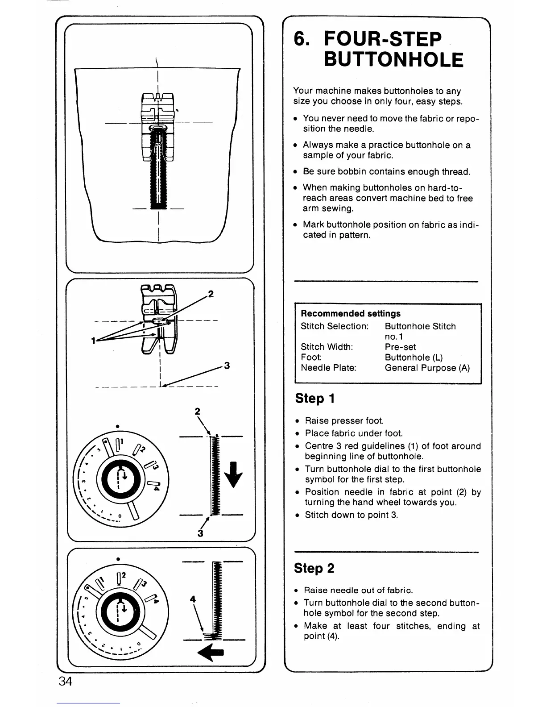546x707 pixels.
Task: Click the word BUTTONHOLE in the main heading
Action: pos(393,60)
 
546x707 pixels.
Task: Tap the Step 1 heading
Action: pos(314,398)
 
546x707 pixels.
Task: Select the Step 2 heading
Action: pos(314,568)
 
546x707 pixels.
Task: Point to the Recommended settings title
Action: pos(351,313)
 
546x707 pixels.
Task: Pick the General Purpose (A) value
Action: pos(427,368)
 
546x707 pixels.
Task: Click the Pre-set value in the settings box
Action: pos(400,347)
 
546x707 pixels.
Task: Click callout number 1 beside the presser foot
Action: pos(93,341)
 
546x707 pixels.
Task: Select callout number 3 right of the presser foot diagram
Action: pos(227,366)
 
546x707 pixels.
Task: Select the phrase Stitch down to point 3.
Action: pos(351,515)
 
